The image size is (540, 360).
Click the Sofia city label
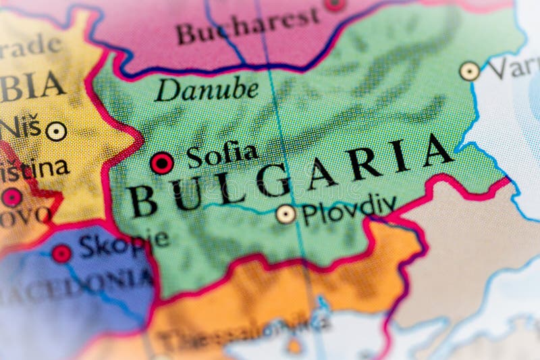222,155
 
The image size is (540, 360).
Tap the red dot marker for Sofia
161,163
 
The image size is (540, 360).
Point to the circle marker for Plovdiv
286,214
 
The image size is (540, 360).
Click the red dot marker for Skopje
61,253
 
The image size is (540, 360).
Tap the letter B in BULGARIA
143,201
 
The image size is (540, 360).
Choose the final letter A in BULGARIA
438,151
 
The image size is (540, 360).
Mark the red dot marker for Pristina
11,197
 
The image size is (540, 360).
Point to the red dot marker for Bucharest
335,3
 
